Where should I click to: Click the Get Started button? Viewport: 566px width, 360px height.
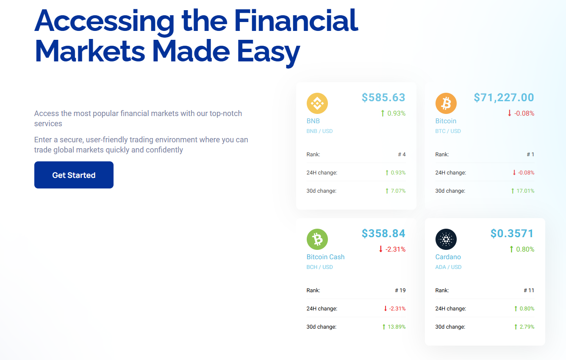click(74, 175)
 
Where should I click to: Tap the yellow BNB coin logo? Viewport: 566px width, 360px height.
click(317, 103)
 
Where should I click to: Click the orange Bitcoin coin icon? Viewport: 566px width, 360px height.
click(446, 103)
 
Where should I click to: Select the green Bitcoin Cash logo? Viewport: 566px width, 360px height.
click(317, 239)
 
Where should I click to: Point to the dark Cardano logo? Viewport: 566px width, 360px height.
click(446, 239)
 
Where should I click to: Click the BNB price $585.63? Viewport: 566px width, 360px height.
click(383, 97)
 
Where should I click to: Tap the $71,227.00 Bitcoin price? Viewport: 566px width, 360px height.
click(504, 97)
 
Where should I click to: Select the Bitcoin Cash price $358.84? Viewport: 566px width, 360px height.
click(383, 233)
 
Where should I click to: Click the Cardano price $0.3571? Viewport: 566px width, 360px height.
click(512, 233)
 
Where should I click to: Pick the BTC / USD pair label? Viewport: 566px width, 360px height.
click(448, 131)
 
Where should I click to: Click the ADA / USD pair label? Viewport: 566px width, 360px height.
click(448, 267)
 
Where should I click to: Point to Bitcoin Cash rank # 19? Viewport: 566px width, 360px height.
click(400, 290)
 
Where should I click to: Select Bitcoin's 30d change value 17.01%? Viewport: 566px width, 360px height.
click(525, 191)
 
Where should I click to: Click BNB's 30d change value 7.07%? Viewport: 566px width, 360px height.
click(398, 191)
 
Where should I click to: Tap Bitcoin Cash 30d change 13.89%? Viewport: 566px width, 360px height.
click(397, 327)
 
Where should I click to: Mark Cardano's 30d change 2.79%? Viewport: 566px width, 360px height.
click(527, 327)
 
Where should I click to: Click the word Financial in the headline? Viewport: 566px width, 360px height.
click(296, 20)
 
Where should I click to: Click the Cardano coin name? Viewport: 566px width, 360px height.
click(448, 257)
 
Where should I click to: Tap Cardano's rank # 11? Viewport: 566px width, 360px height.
click(529, 290)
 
